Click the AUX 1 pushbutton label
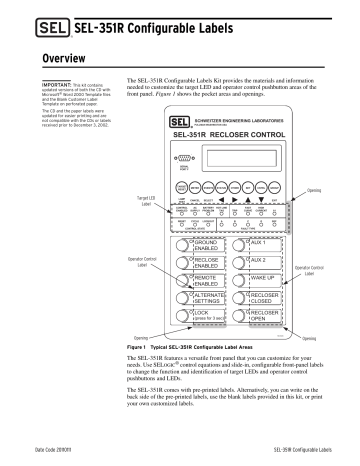[x=261, y=244]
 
